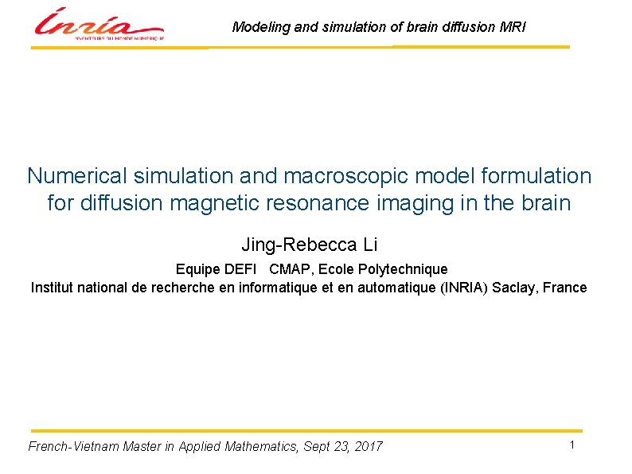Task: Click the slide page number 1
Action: click(x=572, y=445)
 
